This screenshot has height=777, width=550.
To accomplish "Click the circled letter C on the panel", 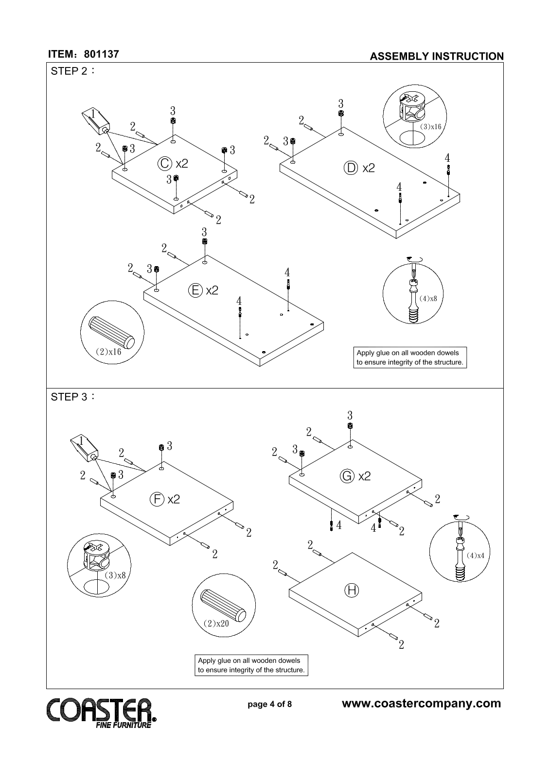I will click(x=164, y=164).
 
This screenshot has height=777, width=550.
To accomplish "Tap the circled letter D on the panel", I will click(x=351, y=168).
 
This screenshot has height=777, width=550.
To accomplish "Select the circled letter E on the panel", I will click(x=195, y=290).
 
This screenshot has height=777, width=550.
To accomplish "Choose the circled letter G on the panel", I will click(x=347, y=476).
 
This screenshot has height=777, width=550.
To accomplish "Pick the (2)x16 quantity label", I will click(x=108, y=352).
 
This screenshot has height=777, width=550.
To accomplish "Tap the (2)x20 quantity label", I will click(x=216, y=623).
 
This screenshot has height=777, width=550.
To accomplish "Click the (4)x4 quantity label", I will click(x=475, y=555).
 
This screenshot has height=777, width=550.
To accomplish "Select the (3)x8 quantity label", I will click(x=115, y=575).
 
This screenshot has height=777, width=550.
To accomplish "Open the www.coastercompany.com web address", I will click(x=422, y=704).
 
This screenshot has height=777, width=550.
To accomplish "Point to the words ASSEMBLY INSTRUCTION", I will click(x=437, y=56).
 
